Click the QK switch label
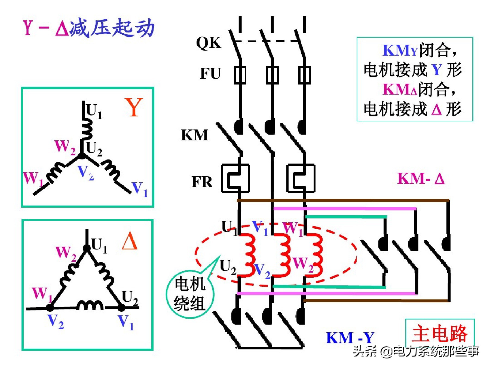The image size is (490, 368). [209, 43]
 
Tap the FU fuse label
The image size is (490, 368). [210, 74]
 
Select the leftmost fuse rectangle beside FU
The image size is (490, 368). [240, 75]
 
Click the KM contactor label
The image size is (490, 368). [194, 135]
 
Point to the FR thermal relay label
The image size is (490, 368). [202, 182]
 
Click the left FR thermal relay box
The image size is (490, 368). [235, 178]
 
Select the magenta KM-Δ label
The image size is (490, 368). [421, 179]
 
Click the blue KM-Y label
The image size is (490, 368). [350, 338]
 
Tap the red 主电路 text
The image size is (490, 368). [439, 334]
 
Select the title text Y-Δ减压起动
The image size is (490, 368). [89, 28]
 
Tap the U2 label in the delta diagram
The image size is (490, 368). [130, 298]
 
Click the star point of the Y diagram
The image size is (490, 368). [82, 156]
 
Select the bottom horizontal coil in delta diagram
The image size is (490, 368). [90, 305]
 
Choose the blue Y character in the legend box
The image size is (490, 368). [437, 70]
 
